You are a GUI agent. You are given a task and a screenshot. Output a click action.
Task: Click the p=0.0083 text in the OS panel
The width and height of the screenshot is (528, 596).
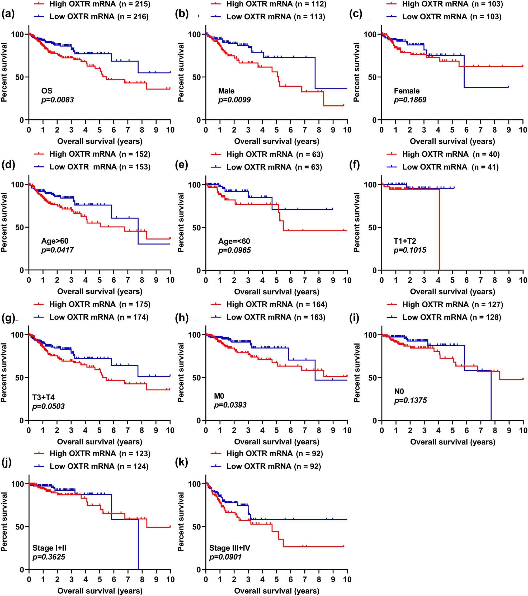tap(58, 100)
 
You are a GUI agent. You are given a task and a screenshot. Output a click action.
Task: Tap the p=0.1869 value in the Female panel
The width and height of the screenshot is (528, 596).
tap(410, 100)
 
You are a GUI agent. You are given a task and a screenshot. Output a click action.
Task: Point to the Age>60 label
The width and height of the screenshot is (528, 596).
tap(55, 241)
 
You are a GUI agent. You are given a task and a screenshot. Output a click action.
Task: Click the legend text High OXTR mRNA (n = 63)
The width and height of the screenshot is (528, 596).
tap(274, 154)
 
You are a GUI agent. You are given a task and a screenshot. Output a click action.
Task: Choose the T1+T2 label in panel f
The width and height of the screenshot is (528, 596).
tap(405, 241)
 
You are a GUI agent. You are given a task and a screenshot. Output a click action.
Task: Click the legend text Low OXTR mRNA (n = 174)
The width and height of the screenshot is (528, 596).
tap(99, 317)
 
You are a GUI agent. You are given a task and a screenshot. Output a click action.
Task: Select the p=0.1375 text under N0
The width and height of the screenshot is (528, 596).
tap(411, 400)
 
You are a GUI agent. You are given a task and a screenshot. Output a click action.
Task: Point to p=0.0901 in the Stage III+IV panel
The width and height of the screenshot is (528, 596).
tap(225, 557)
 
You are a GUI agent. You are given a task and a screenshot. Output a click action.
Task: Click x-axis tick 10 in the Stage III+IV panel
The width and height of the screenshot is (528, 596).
tap(347, 579)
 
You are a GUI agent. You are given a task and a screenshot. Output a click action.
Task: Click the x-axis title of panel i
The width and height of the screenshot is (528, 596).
tap(452, 442)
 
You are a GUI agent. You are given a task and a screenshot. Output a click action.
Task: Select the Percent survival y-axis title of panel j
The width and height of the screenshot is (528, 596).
tap(4, 522)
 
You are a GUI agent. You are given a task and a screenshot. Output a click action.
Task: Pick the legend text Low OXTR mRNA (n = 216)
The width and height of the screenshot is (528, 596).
tap(99, 17)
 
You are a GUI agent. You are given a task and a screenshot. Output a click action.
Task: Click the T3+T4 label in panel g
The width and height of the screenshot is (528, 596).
tap(44, 397)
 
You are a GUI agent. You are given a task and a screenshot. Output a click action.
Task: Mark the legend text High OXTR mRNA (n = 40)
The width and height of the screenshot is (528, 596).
tap(451, 154)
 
